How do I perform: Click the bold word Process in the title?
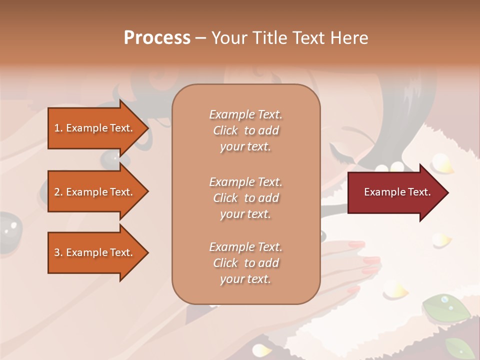coord(157,38)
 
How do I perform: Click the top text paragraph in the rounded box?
coord(245,130)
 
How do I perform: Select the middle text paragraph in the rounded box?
coord(245,198)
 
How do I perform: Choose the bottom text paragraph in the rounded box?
coord(245,263)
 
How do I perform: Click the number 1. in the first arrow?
coord(58,128)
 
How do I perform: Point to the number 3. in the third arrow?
coord(58,252)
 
